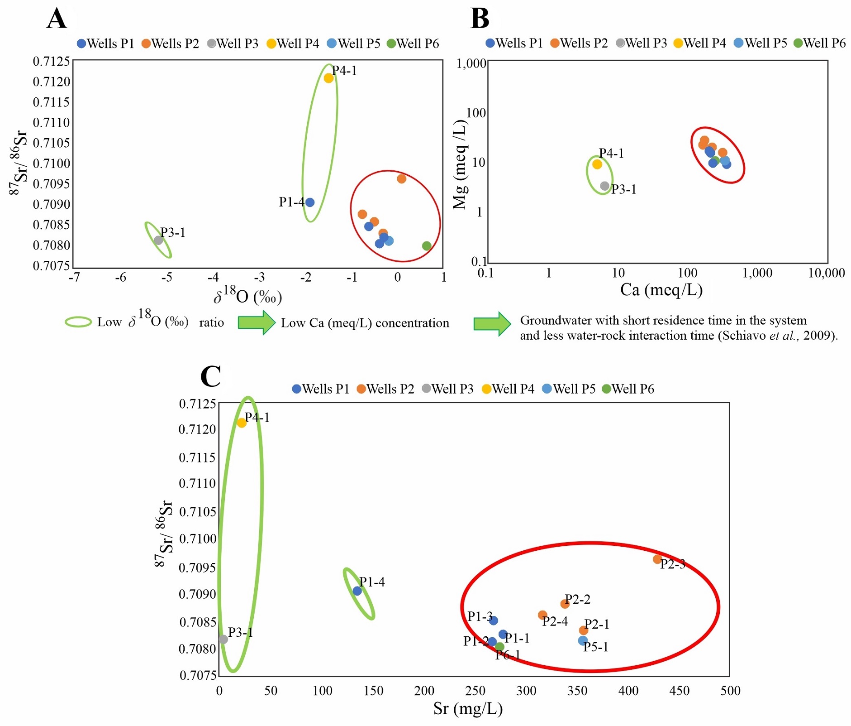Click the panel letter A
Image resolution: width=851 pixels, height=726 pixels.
pyautogui.click(x=57, y=19)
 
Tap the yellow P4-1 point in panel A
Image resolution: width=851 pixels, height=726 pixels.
pyautogui.click(x=329, y=78)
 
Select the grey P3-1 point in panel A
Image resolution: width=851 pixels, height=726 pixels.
pyautogui.click(x=158, y=240)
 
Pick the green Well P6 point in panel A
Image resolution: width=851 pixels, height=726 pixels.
pyautogui.click(x=427, y=246)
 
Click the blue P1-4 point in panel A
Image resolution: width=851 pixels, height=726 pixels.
pyautogui.click(x=310, y=202)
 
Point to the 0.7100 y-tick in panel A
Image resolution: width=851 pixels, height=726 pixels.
pyautogui.click(x=52, y=163)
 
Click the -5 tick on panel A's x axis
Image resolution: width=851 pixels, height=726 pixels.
pyautogui.click(x=167, y=277)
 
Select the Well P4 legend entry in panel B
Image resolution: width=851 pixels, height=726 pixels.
pyautogui.click(x=699, y=43)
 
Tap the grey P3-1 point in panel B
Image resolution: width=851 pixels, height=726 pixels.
pyautogui.click(x=605, y=186)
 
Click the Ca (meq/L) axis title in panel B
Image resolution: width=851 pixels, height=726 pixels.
pyautogui.click(x=661, y=290)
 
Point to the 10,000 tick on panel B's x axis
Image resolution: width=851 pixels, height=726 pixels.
pyautogui.click(x=826, y=273)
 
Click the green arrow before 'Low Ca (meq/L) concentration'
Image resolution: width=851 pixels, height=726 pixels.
pyautogui.click(x=257, y=322)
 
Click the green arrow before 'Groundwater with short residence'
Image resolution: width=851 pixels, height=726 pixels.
pyautogui.click(x=492, y=324)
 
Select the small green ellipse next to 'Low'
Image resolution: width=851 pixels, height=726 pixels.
pyautogui.click(x=79, y=322)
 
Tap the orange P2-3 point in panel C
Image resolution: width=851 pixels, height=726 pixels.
pyautogui.click(x=657, y=559)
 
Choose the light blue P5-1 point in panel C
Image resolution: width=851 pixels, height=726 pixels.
pyautogui.click(x=583, y=641)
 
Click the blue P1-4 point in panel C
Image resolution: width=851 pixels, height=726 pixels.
pyautogui.click(x=357, y=591)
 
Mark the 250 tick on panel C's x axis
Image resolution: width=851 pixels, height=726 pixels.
pyautogui.click(x=475, y=691)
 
